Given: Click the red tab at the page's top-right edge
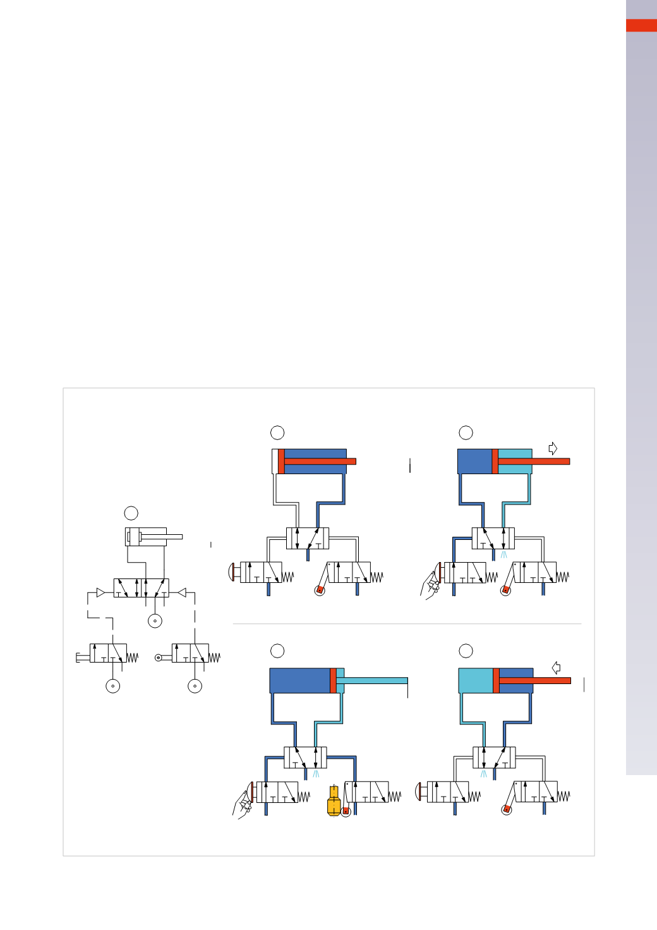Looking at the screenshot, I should pos(641,25).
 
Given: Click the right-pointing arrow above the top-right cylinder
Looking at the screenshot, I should pos(553,449).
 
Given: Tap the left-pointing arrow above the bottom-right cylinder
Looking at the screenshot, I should pos(556,668).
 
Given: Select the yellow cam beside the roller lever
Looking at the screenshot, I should pos(334,801).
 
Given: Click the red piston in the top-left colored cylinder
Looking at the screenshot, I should pos(281,461).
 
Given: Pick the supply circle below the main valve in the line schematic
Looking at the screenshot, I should pos(155,621).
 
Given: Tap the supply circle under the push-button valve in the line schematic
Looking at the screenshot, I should pos(113,686).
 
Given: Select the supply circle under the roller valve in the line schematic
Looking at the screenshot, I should pos(195,686).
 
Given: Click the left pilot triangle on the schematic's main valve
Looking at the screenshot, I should pos(100,593).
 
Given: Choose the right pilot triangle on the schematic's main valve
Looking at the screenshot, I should pos(181,593).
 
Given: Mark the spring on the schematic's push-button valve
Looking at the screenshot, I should pos(132,658).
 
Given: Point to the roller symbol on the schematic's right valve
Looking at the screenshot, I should pos(159,658).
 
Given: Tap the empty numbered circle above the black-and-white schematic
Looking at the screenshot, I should pos(131,513).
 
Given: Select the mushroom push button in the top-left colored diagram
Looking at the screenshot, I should pos(232,573).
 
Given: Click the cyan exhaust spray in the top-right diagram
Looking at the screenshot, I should pos(503,554).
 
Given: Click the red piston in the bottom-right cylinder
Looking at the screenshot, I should pos(496,680).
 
